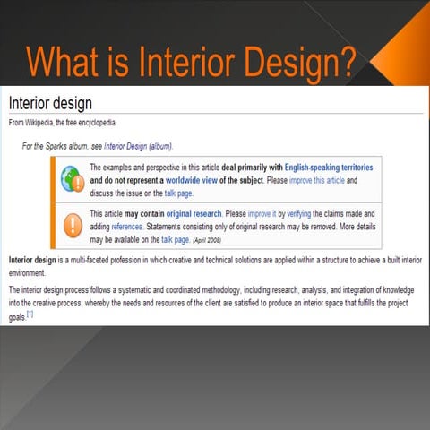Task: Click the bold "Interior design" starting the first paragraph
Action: tap(31, 259)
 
